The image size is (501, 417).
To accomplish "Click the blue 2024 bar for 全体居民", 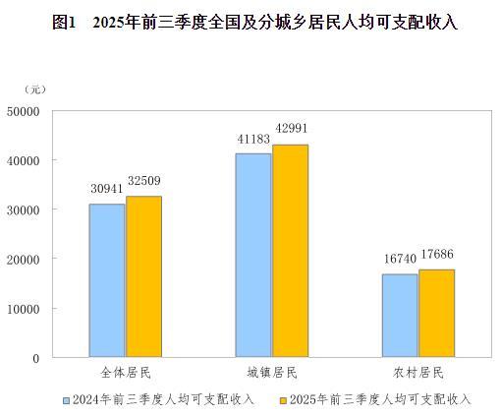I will [x=107, y=280].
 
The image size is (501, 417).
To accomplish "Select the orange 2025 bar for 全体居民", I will [x=143, y=276].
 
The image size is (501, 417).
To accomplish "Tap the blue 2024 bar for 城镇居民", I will [x=253, y=255].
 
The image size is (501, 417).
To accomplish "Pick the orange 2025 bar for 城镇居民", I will [x=290, y=251].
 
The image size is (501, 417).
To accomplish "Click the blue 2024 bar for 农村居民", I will [x=400, y=316].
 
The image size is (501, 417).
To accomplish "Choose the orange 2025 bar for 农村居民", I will [x=436, y=313].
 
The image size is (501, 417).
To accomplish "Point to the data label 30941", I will [x=106, y=189].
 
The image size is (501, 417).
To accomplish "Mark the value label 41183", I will [x=253, y=139].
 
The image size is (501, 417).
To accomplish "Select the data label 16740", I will [x=400, y=260].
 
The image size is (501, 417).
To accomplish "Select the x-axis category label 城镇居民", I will [x=271, y=375].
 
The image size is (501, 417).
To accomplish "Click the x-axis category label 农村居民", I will [x=417, y=375].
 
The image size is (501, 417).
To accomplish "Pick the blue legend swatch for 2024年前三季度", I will [x=66, y=400].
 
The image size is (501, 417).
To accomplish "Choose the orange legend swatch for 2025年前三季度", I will [x=281, y=400].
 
